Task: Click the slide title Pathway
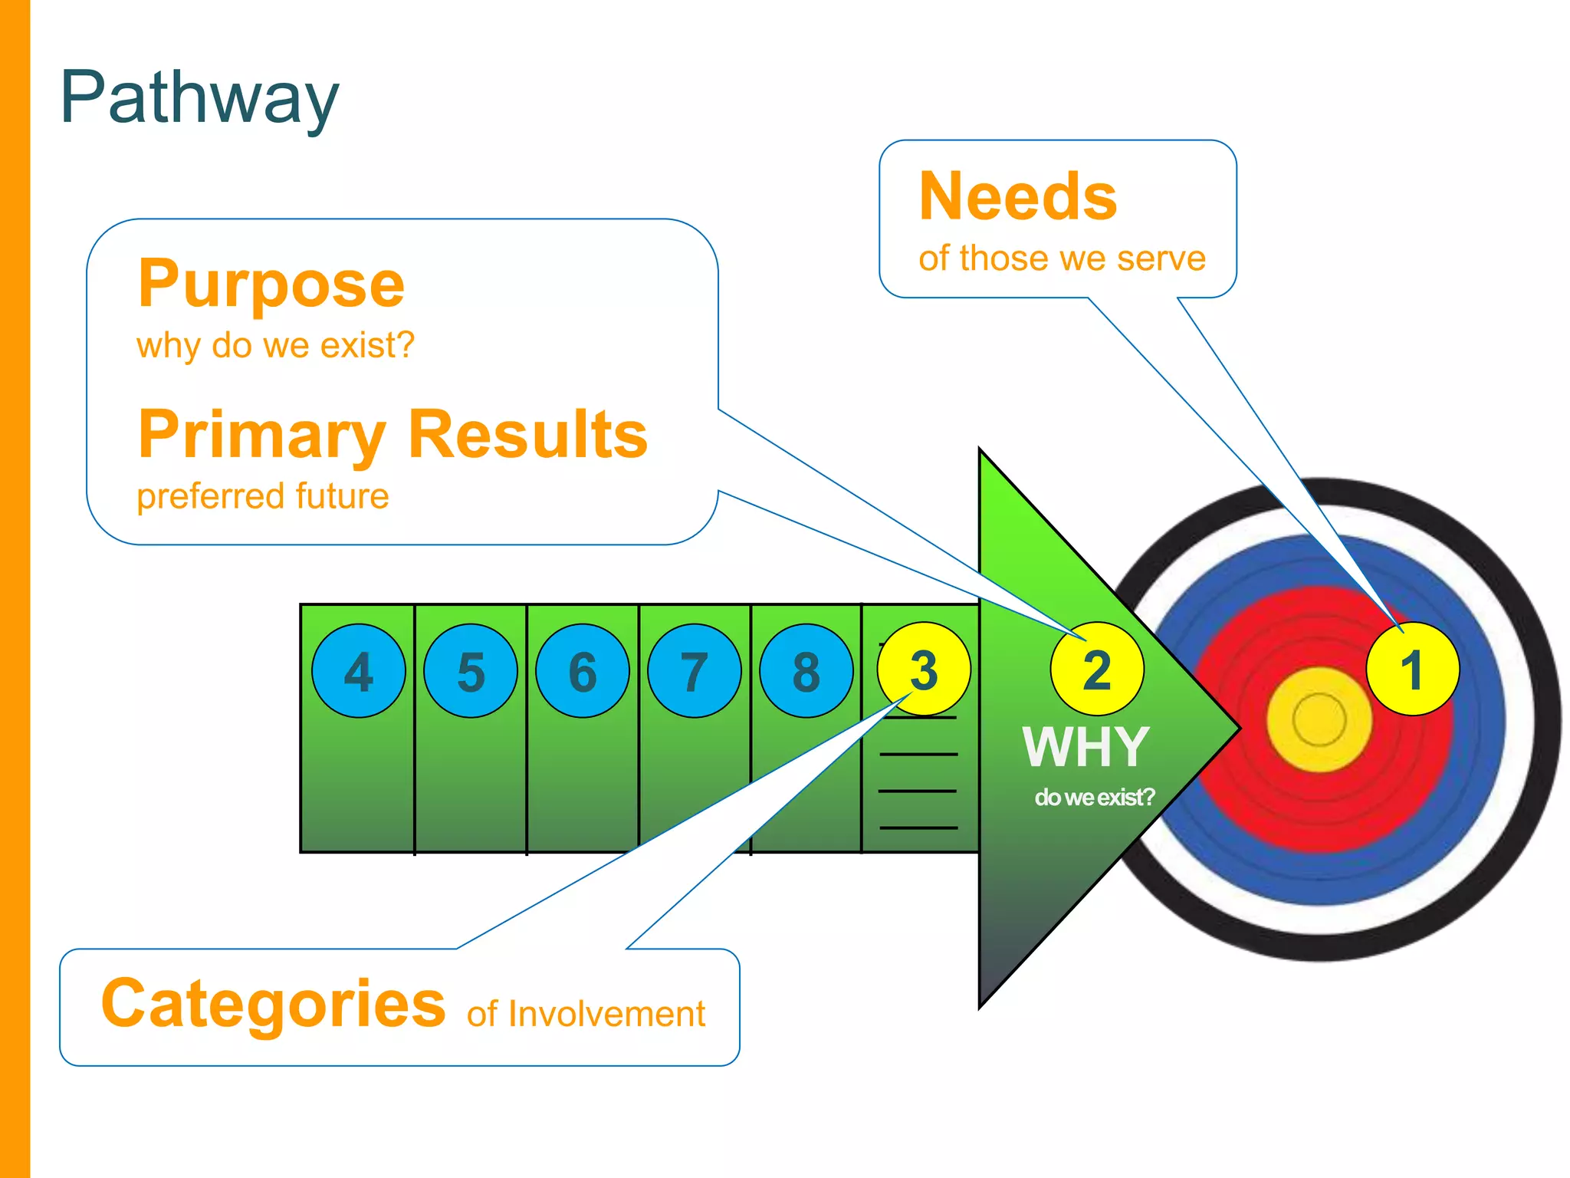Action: pyautogui.click(x=199, y=97)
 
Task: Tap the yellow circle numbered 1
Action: pyautogui.click(x=1412, y=669)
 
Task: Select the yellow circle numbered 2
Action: pyautogui.click(x=1097, y=669)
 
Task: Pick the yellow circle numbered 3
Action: pyautogui.click(x=924, y=669)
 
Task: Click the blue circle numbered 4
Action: pyautogui.click(x=359, y=671)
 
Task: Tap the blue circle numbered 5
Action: pyautogui.click(x=471, y=671)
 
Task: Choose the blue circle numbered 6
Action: pyautogui.click(x=583, y=671)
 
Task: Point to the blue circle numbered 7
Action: pyautogui.click(x=695, y=671)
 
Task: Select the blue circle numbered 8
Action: pyautogui.click(x=806, y=671)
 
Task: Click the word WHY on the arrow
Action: pyautogui.click(x=1086, y=746)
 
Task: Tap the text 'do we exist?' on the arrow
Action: pyautogui.click(x=1094, y=798)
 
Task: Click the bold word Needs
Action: pyautogui.click(x=1018, y=197)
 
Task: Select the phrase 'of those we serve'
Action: pyautogui.click(x=1062, y=258)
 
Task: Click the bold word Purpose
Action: pyautogui.click(x=271, y=285)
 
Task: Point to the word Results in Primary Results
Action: pyautogui.click(x=528, y=434)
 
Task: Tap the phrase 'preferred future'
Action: pyautogui.click(x=263, y=496)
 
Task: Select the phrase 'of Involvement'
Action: pyautogui.click(x=586, y=1014)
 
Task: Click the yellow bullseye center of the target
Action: pyautogui.click(x=1319, y=719)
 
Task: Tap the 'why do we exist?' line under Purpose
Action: pyautogui.click(x=275, y=345)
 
